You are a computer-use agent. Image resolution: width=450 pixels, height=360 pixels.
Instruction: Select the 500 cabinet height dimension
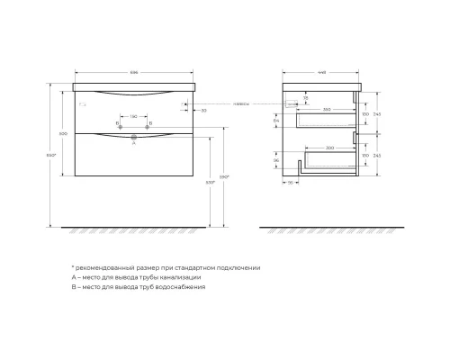click(63, 133)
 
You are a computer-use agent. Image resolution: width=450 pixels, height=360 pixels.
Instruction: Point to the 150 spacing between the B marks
click(133, 116)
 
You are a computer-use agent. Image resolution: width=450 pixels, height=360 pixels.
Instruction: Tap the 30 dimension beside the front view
click(205, 110)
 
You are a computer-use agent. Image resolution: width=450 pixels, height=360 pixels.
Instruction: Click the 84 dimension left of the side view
click(276, 119)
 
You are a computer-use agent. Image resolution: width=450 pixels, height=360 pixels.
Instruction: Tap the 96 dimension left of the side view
click(276, 159)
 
